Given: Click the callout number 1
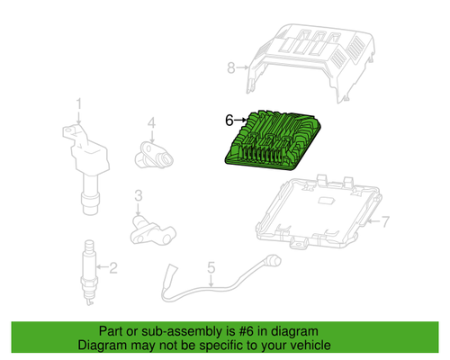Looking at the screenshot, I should [78, 104].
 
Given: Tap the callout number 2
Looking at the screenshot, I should [113, 266].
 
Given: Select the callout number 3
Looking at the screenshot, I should [139, 195].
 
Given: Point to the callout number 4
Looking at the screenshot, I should [152, 122].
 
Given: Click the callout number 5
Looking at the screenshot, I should [211, 267].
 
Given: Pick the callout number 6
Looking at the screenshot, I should [229, 119].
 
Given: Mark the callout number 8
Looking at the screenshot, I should [230, 67].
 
